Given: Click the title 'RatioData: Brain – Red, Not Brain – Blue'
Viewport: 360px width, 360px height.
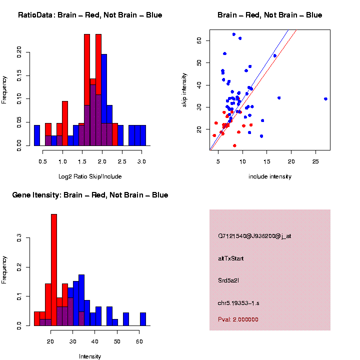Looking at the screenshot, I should tap(90, 15).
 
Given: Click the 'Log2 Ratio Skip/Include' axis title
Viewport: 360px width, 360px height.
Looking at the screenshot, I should tap(90, 176).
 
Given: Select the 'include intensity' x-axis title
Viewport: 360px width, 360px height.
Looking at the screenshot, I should tap(269, 176).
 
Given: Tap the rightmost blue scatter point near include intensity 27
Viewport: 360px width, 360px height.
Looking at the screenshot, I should tap(325, 99).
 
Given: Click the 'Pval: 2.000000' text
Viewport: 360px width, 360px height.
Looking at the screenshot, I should tap(237, 319).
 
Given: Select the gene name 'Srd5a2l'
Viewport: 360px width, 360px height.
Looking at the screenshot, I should tap(228, 280).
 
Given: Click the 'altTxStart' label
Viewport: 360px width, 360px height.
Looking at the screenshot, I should tap(231, 258).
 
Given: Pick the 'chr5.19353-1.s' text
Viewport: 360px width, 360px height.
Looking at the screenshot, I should tap(238, 303).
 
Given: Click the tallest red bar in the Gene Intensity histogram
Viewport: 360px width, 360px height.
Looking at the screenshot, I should tap(54, 270).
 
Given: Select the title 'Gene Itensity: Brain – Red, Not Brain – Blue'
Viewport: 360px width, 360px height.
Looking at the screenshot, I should tap(90, 195).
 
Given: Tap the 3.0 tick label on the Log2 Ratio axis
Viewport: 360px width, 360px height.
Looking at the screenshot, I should tap(142, 162).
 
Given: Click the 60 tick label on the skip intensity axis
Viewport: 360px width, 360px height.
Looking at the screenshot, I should tap(199, 40).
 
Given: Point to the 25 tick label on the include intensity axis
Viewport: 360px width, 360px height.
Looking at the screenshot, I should tap(315, 162).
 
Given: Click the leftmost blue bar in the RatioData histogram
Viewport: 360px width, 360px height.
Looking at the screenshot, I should tap(37, 135).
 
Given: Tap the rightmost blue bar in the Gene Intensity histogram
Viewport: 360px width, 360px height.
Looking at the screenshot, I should tap(143, 319).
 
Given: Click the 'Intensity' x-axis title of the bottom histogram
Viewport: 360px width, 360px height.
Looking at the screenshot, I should tap(90, 356).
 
